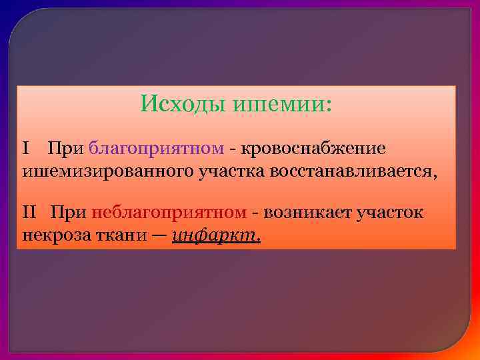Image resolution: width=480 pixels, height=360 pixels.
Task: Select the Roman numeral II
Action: pos(30,213)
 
